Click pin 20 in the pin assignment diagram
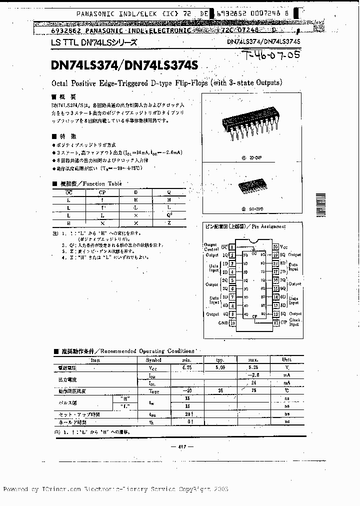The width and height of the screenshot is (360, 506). pos(275,247)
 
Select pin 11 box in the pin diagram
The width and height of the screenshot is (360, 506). pos(275,322)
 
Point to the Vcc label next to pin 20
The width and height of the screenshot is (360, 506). pos(284,247)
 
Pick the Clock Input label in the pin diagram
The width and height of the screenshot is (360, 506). pos(294,322)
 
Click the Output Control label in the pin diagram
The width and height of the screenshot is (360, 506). pos(211,246)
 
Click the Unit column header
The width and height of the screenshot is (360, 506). pos(287,359)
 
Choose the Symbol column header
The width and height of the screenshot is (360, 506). pos(154,359)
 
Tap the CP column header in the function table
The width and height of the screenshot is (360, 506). pos(102,191)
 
